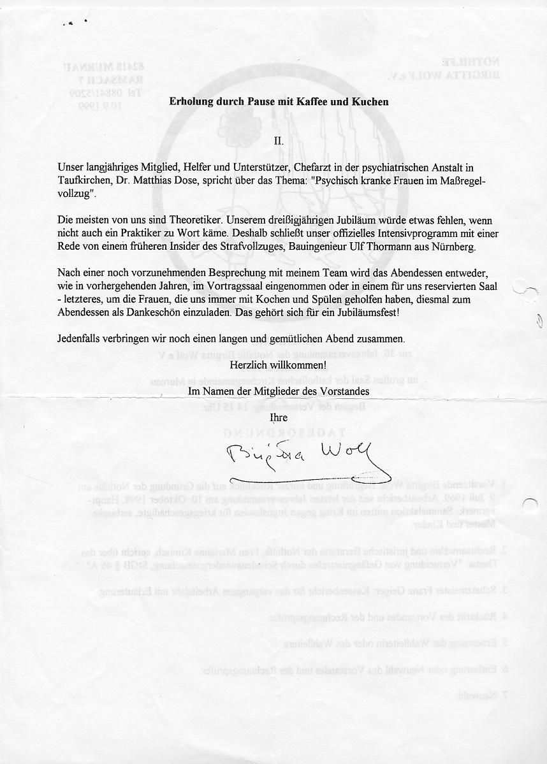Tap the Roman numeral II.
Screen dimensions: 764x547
pos(279,140)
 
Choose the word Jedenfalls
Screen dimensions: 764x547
pos(80,339)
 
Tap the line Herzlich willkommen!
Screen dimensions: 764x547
pos(279,366)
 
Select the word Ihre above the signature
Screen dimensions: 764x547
pos(279,417)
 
